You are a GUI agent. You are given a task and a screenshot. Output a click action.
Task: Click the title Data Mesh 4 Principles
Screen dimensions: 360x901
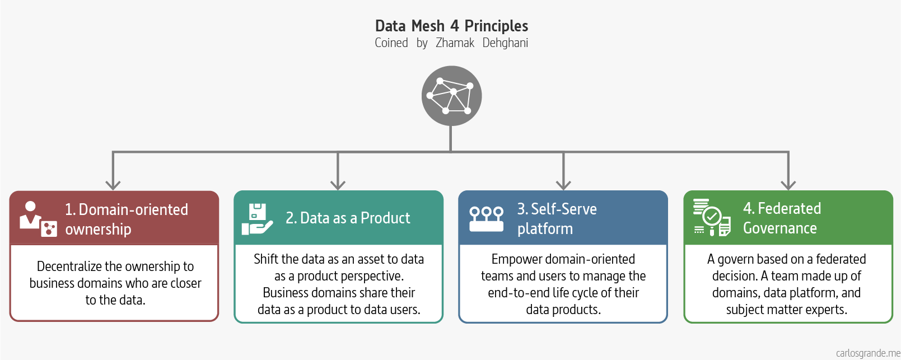451,26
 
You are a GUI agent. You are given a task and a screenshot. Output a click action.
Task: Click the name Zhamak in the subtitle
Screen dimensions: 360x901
455,43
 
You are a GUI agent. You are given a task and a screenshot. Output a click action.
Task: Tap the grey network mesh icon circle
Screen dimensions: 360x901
451,96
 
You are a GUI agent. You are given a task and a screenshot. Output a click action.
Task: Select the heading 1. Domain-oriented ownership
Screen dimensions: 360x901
127,219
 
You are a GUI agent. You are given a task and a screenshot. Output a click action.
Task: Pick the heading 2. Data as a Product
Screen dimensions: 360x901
348,218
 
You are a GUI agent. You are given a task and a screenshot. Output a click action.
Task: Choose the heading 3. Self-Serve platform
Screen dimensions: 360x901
557,218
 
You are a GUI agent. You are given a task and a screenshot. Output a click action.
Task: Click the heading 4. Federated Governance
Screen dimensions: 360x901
782,218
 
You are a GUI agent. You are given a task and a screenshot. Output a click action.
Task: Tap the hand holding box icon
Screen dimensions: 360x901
257,219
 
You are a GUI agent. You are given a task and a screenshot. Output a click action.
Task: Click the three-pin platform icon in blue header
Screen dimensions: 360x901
486,219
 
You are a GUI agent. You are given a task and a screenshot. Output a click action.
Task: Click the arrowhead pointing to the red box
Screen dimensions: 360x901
113,184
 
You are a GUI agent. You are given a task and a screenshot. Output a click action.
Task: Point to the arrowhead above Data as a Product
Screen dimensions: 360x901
338,184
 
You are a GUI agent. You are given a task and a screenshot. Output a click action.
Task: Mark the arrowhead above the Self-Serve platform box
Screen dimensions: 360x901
563,184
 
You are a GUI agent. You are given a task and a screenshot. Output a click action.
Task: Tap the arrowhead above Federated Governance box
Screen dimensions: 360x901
788,184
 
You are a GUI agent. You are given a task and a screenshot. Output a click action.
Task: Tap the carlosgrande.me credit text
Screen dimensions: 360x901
867,353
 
